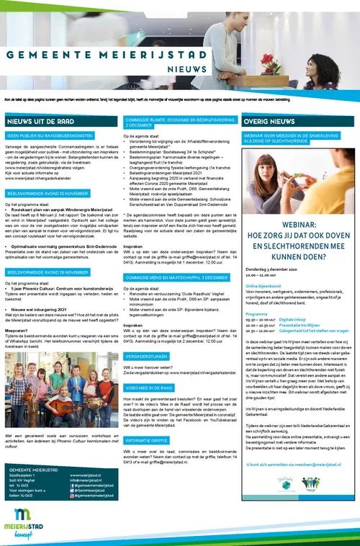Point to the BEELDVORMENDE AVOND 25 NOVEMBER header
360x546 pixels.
(x=48, y=194)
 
